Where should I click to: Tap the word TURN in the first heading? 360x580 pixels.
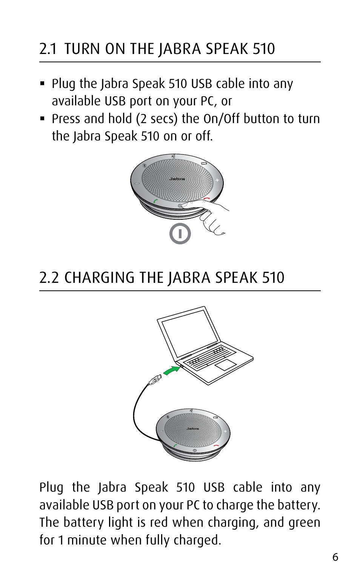82,49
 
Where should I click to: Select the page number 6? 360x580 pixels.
335,557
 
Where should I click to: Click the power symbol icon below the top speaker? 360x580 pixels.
180,234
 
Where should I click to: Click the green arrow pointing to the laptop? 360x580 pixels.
172,370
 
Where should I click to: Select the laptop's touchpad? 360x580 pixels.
226,365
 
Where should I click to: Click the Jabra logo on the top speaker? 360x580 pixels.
177,179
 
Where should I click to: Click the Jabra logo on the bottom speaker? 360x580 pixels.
193,429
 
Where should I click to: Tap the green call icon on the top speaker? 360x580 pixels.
155,201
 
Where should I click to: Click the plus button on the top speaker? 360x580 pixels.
217,180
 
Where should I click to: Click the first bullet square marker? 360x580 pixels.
42,83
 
